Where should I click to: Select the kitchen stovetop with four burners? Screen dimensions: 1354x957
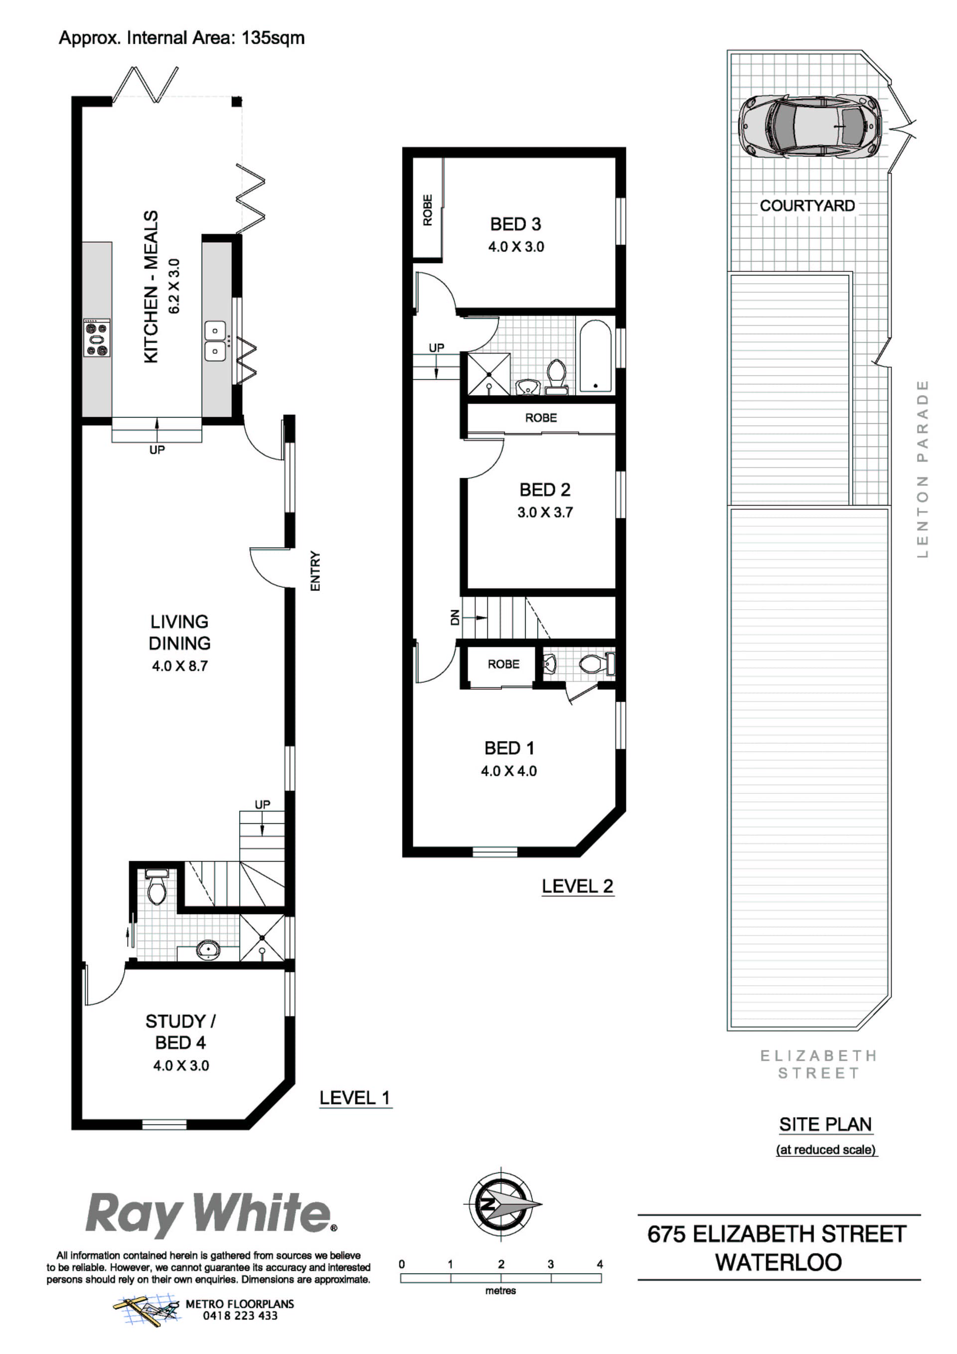97,338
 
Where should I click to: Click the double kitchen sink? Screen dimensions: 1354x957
215,341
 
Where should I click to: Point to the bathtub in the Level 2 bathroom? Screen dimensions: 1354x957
595,355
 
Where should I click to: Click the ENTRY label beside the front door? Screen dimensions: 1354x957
315,571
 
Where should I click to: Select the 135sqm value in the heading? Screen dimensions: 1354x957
273,38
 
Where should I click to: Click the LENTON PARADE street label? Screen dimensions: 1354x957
923,469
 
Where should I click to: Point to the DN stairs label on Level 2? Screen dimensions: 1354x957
455,618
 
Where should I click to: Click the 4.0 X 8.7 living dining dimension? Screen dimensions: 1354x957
180,666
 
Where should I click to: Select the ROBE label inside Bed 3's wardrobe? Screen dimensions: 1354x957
428,210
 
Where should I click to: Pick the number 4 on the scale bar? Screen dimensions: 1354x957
600,1264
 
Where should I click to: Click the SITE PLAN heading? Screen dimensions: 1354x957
825,1125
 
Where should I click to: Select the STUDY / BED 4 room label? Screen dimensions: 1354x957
180,1032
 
